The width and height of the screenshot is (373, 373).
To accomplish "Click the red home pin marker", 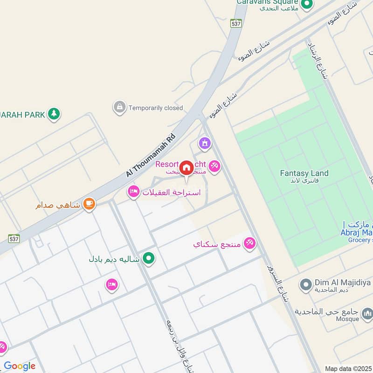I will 186,168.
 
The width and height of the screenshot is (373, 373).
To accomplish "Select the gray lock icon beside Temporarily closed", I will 120,107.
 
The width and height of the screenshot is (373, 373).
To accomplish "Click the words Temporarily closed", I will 156,108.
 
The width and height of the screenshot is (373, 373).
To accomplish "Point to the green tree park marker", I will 54,113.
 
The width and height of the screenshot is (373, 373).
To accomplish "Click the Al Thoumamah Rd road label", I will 151,155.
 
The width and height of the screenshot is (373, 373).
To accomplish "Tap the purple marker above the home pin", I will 204,144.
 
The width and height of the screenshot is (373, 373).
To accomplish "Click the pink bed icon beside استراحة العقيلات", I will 134,192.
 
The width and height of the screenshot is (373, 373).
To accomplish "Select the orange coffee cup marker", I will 89,204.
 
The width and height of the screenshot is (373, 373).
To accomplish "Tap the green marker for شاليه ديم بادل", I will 149,257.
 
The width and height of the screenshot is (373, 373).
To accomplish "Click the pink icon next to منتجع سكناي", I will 249,243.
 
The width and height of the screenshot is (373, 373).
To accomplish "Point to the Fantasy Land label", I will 304,173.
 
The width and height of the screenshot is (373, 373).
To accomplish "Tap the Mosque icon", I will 367,312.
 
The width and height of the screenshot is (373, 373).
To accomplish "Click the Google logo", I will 19,366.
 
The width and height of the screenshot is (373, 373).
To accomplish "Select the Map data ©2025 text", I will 348,368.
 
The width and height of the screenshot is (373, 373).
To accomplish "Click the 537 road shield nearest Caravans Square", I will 236,22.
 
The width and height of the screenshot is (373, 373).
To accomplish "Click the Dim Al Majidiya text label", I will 343,282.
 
